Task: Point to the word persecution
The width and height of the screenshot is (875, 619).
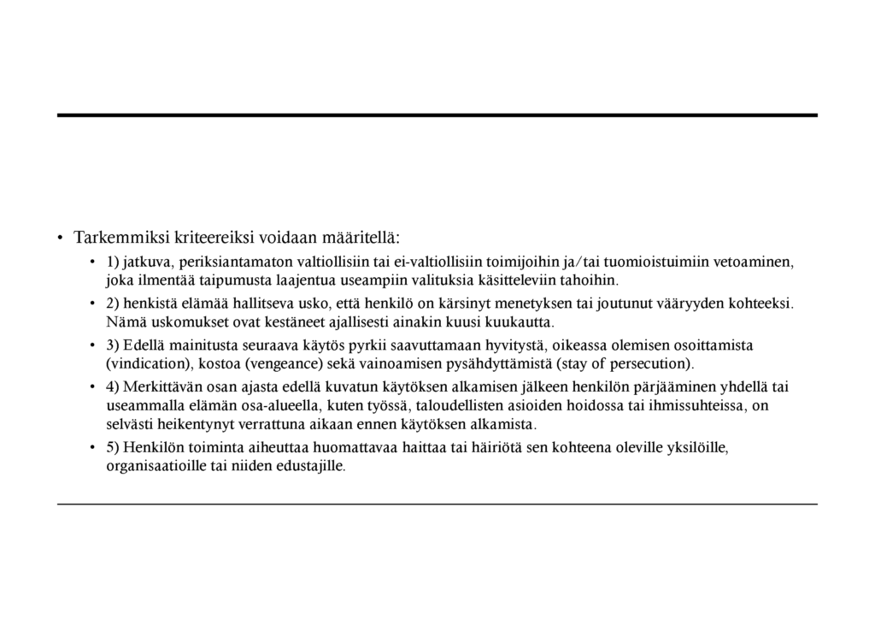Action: (648, 363)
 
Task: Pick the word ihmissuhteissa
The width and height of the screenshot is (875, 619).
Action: (697, 405)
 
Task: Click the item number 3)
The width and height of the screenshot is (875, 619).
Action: (113, 345)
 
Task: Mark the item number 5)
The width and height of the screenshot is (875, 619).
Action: (113, 447)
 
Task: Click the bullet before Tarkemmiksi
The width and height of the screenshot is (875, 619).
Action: (61, 238)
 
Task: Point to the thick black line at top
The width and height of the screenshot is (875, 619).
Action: (437, 115)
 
